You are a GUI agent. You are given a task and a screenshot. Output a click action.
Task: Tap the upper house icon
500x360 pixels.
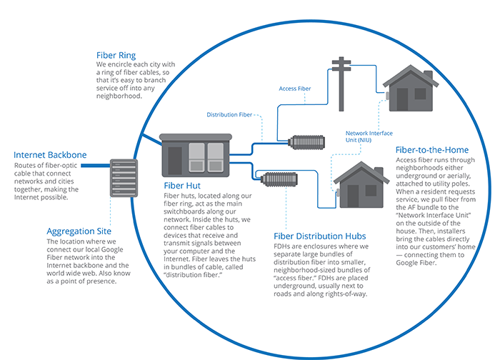point(407,89)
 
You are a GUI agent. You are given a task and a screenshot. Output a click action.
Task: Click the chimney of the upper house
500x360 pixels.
point(427,77)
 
